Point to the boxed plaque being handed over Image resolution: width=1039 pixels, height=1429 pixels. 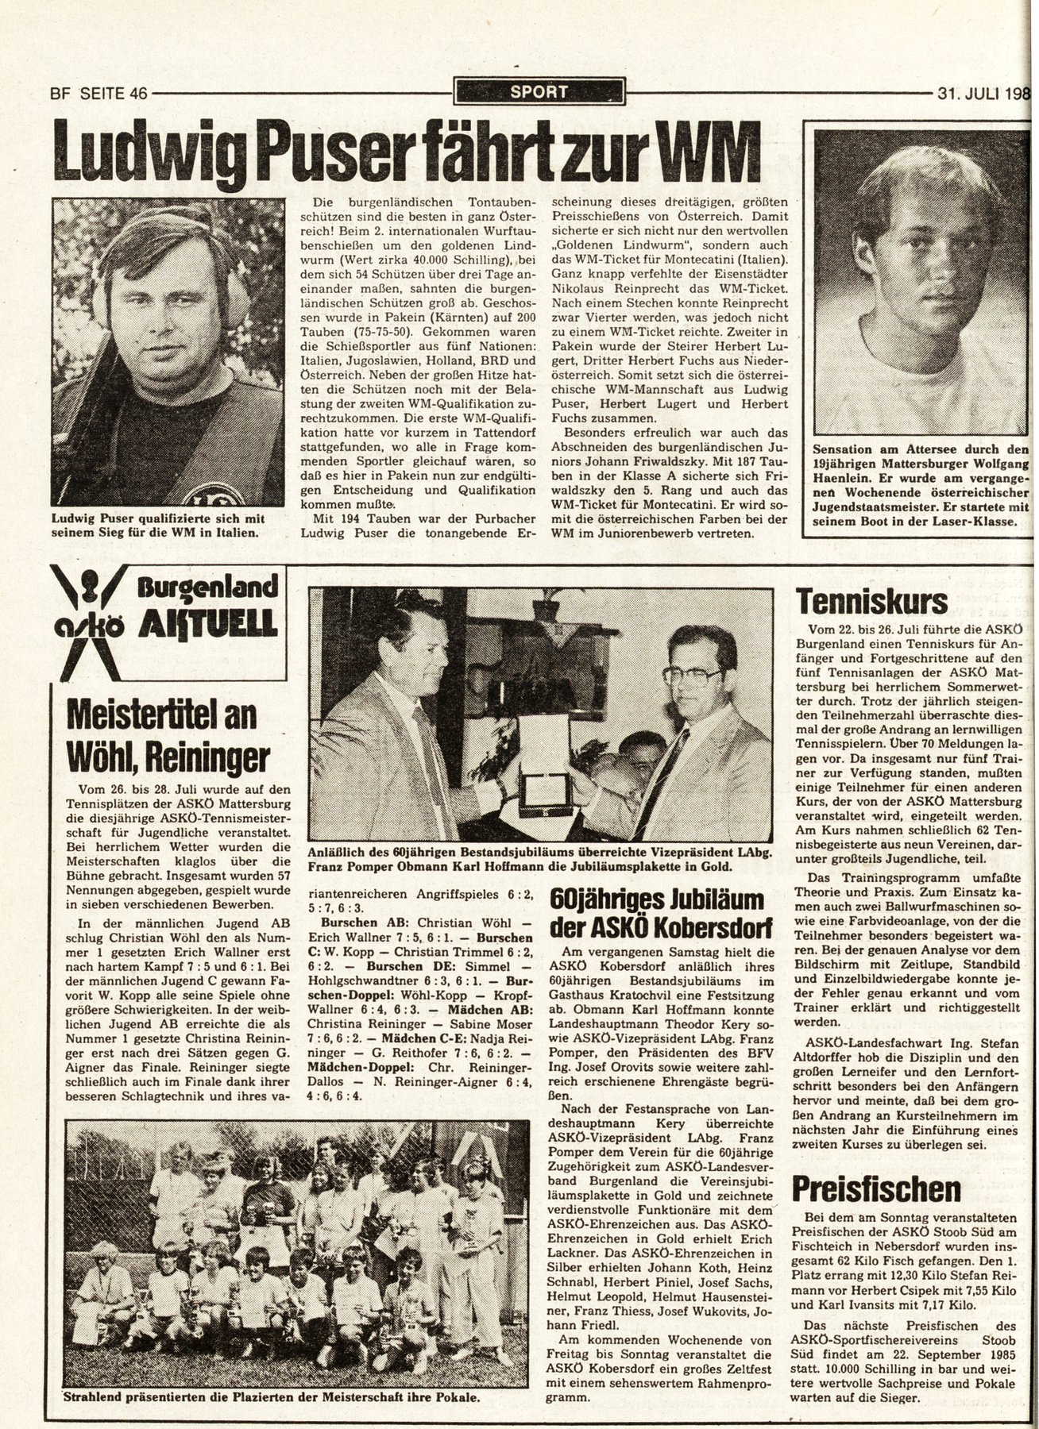[546, 796]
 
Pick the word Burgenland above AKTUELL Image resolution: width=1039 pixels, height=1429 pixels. [211, 589]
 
